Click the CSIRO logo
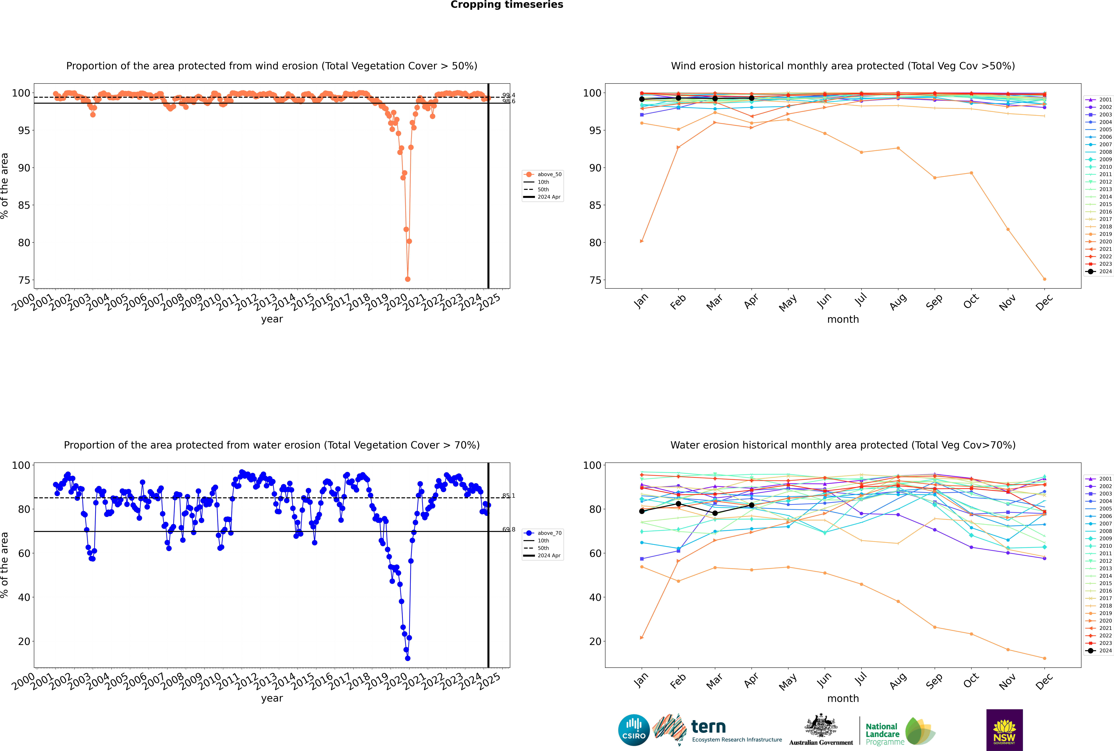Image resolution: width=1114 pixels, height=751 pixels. point(634,730)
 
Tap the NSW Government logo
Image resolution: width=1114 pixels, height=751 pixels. point(1004,730)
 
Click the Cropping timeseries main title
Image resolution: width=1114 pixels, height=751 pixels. point(507,5)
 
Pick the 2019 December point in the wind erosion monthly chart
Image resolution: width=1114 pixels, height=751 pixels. point(1045,279)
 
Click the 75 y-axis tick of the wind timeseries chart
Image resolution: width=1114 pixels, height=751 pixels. point(24,280)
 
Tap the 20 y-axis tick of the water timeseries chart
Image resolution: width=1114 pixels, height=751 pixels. point(24,641)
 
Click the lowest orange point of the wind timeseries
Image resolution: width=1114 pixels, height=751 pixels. point(408,279)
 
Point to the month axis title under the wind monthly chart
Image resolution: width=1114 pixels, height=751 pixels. point(843,320)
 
